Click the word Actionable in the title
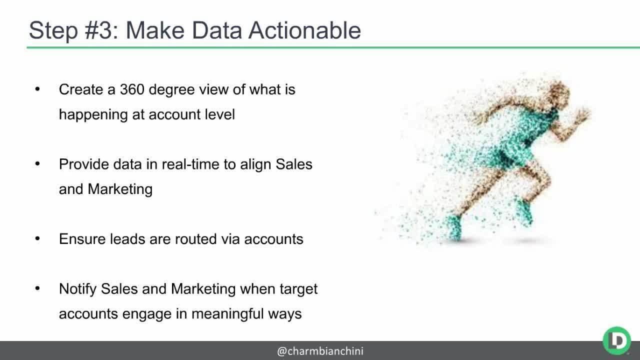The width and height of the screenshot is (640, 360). [x=304, y=30]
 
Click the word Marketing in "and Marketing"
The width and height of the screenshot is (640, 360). [x=120, y=189]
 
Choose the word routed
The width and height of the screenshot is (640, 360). [x=196, y=239]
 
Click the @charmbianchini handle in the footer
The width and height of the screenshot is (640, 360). [x=320, y=351]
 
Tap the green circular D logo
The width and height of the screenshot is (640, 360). [x=616, y=340]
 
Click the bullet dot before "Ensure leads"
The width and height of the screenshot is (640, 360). [x=37, y=239]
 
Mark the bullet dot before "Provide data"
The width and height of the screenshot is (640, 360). [x=37, y=164]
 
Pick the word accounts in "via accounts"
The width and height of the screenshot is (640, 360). [x=273, y=239]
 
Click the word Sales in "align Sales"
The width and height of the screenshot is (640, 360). [x=294, y=164]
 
